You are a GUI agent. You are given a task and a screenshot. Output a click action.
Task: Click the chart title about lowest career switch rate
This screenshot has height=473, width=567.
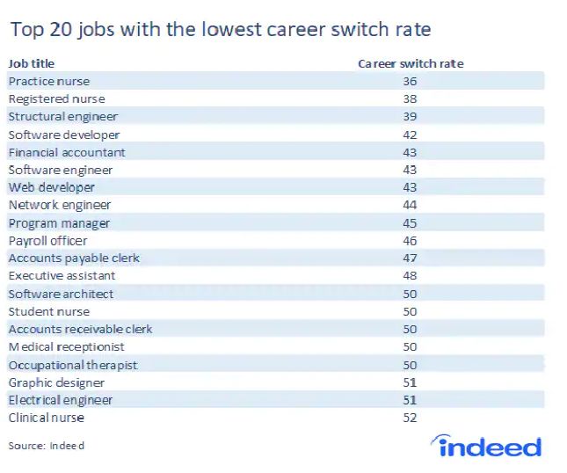[x=221, y=29]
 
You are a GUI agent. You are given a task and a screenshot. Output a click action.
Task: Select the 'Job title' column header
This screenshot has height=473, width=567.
[x=32, y=63]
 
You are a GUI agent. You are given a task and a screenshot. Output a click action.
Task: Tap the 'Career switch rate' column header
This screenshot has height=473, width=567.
[x=411, y=63]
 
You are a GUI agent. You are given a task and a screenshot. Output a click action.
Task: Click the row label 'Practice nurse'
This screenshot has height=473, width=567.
[x=49, y=81]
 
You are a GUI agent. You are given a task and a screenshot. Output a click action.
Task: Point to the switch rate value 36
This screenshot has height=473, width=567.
[x=410, y=81]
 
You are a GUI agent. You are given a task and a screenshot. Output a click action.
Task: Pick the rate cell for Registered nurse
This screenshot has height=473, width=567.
[x=410, y=98]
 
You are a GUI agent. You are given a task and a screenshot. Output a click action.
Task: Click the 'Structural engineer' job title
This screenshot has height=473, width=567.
[x=63, y=117]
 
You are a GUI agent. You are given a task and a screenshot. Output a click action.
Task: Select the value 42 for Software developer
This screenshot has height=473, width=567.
[x=410, y=135]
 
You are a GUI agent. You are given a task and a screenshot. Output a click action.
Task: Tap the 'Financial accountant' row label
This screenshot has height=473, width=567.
[x=67, y=152]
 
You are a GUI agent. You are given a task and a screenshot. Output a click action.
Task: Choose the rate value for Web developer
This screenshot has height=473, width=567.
[x=410, y=187]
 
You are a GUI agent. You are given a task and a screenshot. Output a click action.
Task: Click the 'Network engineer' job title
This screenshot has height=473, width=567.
[x=60, y=206]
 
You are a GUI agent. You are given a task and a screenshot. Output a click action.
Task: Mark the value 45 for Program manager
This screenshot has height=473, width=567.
[x=410, y=223]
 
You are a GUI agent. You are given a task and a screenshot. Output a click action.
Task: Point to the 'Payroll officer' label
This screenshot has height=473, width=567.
[x=47, y=241]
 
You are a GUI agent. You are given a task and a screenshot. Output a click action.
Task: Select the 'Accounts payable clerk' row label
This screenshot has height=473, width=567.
[x=74, y=258]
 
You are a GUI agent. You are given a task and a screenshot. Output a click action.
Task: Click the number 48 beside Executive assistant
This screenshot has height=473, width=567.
[x=410, y=275]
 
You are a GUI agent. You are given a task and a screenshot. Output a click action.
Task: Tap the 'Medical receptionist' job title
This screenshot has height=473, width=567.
[x=66, y=347]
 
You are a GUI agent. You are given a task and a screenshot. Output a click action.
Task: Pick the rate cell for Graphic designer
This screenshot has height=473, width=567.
[x=410, y=382]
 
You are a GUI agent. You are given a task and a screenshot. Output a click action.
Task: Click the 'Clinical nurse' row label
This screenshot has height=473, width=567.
[x=47, y=418]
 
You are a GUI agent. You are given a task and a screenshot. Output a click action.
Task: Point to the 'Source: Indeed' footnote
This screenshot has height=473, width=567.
[x=47, y=446]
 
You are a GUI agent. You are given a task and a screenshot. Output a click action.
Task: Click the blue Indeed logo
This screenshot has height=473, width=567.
[x=486, y=446]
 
